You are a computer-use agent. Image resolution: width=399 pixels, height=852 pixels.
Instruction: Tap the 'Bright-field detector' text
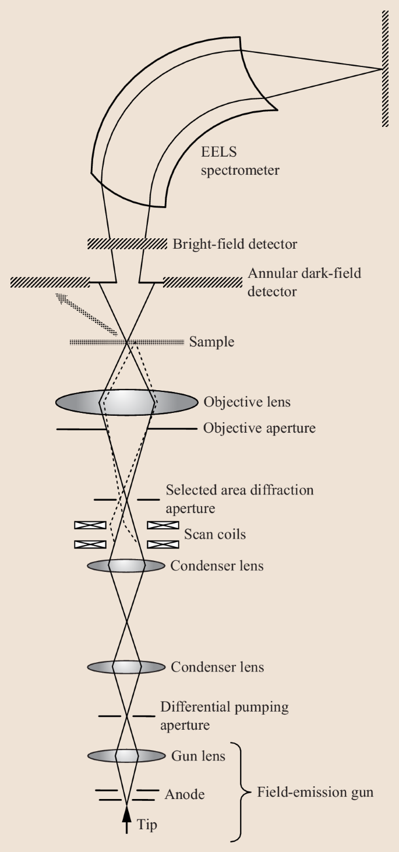click(235, 244)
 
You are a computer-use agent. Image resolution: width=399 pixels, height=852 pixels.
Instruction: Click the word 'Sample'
click(211, 342)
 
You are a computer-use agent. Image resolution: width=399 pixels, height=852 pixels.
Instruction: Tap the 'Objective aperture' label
click(259, 429)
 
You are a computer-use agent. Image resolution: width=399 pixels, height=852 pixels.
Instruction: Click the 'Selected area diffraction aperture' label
click(239, 499)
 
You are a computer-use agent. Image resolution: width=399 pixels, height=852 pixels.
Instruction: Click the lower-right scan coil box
click(163, 545)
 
